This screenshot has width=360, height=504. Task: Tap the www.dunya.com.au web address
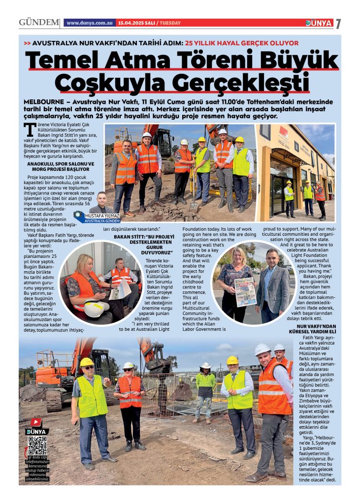pos(90,23)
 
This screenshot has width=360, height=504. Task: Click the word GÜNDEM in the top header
pos(39,23)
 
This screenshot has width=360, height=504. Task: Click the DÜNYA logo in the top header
pos(319,23)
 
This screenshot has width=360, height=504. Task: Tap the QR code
pos(37,445)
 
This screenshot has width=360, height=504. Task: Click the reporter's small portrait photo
pos(101,202)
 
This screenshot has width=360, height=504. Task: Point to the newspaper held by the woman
pos(245,291)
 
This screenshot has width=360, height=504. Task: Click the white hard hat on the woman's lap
pos(96,308)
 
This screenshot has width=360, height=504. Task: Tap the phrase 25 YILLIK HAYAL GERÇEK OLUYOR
pos(241,43)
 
